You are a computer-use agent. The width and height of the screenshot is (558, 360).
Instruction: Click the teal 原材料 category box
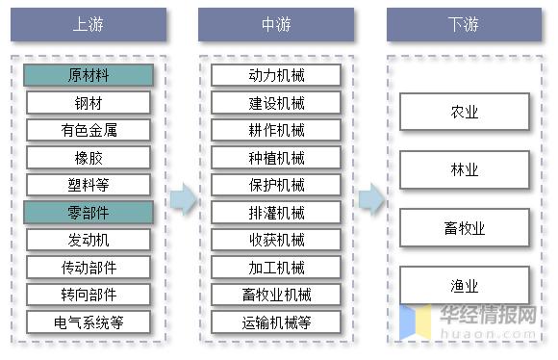click(88, 75)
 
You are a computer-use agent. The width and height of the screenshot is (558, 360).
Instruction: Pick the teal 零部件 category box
click(88, 212)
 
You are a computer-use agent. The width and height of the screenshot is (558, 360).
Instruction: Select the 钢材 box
click(88, 103)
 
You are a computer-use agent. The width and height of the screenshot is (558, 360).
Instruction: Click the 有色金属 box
click(88, 130)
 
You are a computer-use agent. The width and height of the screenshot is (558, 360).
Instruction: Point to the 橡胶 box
click(88, 157)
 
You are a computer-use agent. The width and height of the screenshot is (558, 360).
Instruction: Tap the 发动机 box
click(88, 240)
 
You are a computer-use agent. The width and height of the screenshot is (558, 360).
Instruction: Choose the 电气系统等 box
click(88, 321)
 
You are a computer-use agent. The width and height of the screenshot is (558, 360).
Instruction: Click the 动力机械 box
click(276, 75)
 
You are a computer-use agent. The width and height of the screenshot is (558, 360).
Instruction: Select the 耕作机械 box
click(276, 130)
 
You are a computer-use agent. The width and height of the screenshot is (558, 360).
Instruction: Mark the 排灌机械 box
click(276, 212)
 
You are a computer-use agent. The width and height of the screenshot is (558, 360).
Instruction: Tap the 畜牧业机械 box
click(276, 295)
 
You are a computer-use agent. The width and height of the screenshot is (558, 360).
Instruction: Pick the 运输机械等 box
click(276, 321)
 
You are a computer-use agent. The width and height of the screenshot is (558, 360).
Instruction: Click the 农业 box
click(465, 112)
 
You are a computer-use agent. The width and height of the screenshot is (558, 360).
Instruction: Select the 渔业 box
click(465, 286)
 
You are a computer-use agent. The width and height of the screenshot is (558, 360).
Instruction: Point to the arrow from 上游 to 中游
click(183, 199)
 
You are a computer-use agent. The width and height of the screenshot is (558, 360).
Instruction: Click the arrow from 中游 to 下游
click(370, 199)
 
